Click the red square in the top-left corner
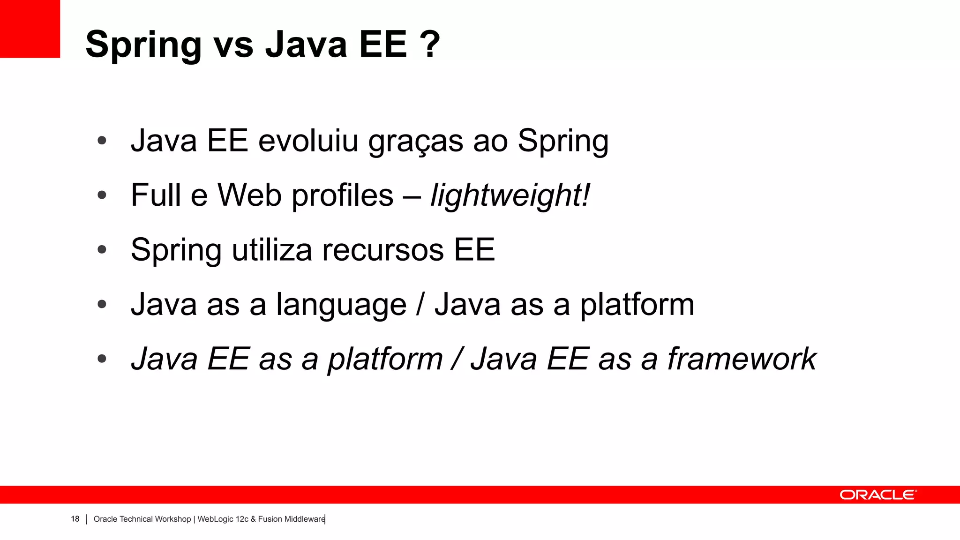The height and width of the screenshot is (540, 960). (x=30, y=29)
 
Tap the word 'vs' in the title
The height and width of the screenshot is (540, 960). (x=233, y=45)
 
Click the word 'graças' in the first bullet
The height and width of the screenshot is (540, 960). (x=415, y=142)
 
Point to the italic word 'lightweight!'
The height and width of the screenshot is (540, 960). (x=510, y=195)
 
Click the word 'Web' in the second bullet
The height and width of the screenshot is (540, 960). (x=249, y=195)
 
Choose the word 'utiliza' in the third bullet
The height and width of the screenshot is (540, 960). (x=272, y=250)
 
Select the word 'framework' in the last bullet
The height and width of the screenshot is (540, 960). (x=742, y=359)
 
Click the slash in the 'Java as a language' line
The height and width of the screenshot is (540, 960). (x=421, y=305)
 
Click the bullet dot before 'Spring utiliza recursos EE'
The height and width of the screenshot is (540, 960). (x=102, y=250)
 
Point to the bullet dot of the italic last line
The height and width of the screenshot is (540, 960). (x=102, y=359)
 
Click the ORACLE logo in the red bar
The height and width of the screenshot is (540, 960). (x=877, y=495)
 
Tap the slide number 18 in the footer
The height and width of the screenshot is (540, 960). (x=75, y=519)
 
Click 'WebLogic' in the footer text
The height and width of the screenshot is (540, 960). (x=215, y=519)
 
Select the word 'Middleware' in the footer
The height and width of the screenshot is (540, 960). (x=304, y=519)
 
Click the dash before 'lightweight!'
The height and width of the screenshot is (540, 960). (x=412, y=196)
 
